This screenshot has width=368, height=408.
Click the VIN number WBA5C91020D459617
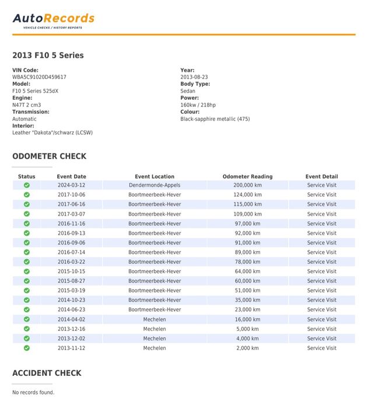pyautogui.click(x=39, y=77)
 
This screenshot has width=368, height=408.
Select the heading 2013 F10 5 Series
pyautogui.click(x=48, y=55)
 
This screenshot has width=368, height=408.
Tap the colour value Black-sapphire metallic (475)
pyautogui.click(x=215, y=119)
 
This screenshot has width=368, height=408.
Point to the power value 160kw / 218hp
pyautogui.click(x=198, y=105)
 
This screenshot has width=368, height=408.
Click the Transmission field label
pyautogui.click(x=31, y=111)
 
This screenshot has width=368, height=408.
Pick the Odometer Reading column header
pyautogui.click(x=247, y=176)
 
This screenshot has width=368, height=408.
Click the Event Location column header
pyautogui.click(x=155, y=176)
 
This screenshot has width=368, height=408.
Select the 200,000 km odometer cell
pyautogui.click(x=247, y=185)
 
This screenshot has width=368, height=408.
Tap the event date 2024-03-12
pyautogui.click(x=71, y=185)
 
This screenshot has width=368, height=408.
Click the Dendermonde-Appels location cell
pyautogui.click(x=155, y=185)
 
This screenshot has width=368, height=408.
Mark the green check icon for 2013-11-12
pyautogui.click(x=27, y=348)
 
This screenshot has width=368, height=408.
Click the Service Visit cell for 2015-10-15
pyautogui.click(x=321, y=271)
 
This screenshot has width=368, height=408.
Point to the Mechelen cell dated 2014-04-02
pyautogui.click(x=155, y=319)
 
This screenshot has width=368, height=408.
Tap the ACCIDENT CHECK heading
pyautogui.click(x=47, y=373)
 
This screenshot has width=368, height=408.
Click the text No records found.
pyautogui.click(x=33, y=392)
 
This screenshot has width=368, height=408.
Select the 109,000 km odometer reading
pyautogui.click(x=247, y=214)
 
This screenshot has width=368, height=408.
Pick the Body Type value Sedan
pyautogui.click(x=188, y=91)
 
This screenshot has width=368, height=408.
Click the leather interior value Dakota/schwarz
pyautogui.click(x=52, y=132)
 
